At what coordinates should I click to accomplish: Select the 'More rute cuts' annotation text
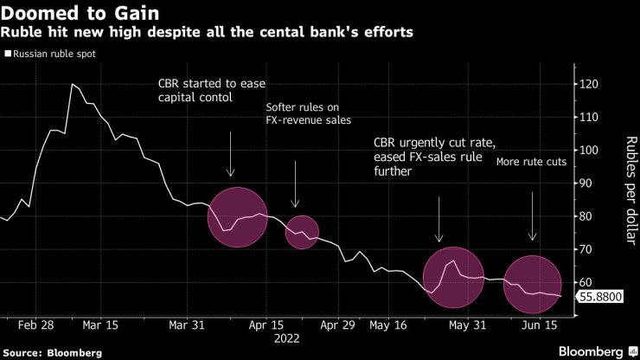tap(529, 161)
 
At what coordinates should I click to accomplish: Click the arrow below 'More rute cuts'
tap(532, 216)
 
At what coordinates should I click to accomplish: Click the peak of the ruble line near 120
tap(72, 84)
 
